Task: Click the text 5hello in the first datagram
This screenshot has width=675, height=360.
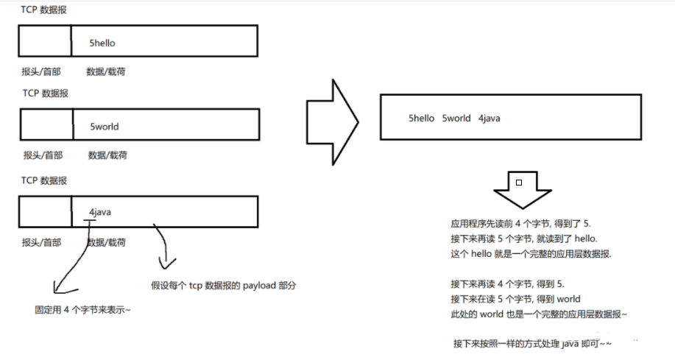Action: [x=102, y=43]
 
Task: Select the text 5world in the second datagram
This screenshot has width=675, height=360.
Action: [x=104, y=127]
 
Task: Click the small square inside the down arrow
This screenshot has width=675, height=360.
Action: [x=519, y=182]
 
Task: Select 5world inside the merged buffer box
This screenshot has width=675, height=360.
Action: [x=456, y=118]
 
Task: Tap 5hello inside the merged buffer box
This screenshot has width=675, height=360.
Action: [x=422, y=118]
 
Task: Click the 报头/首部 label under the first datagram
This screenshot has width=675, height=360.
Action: [x=42, y=71]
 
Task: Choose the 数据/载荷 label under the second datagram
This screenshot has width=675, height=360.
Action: [x=107, y=155]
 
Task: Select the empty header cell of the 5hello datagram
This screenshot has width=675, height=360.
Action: [x=45, y=41]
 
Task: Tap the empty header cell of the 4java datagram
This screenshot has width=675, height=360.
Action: [x=45, y=211]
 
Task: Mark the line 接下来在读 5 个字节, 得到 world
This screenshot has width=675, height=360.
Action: [x=515, y=299]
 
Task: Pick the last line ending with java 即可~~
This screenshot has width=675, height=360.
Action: [x=532, y=344]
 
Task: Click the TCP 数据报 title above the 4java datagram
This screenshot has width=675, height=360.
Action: [x=45, y=180]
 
